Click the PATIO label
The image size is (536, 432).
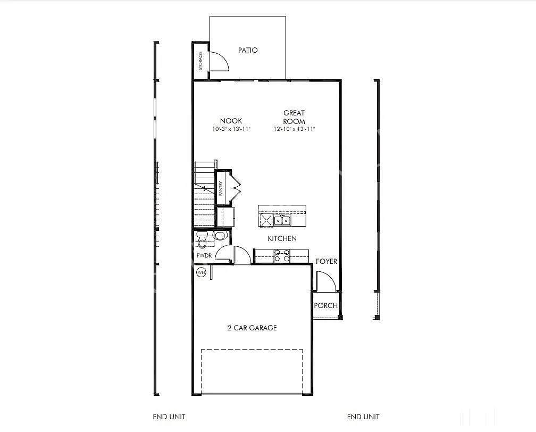pyautogui.click(x=248, y=50)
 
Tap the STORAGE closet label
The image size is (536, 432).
pyautogui.click(x=200, y=61)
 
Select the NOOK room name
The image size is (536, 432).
pyautogui.click(x=231, y=121)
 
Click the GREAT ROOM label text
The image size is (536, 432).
pyautogui.click(x=294, y=117)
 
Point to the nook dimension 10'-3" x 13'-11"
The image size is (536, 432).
pyautogui.click(x=231, y=129)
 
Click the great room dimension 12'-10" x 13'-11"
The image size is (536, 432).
pyautogui.click(x=294, y=129)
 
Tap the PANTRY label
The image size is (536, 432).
pyautogui.click(x=221, y=188)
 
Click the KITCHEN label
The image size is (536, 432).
pyautogui.click(x=282, y=238)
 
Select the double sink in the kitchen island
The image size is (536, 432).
pyautogui.click(x=282, y=220)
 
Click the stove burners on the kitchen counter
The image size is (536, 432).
pyautogui.click(x=281, y=256)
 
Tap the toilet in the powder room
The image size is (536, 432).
pyautogui.click(x=202, y=241)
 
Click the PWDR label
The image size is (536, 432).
pyautogui.click(x=204, y=255)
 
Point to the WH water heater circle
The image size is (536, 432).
pyautogui.click(x=201, y=272)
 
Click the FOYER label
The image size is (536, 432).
pyautogui.click(x=326, y=261)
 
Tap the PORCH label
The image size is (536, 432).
pyautogui.click(x=325, y=305)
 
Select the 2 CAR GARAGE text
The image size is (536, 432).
pyautogui.click(x=252, y=328)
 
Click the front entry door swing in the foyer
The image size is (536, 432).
pyautogui.click(x=325, y=281)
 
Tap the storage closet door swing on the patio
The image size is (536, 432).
pyautogui.click(x=219, y=61)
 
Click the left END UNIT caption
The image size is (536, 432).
pyautogui.click(x=169, y=417)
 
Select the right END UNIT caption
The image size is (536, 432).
pyautogui.click(x=363, y=417)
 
